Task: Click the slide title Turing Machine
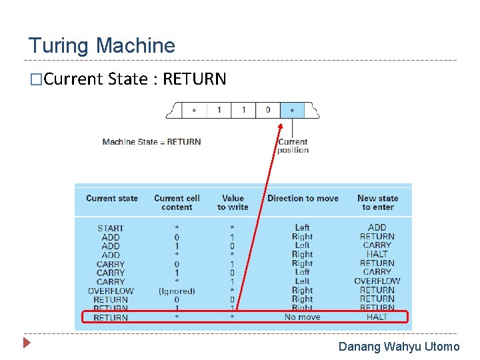(x=101, y=46)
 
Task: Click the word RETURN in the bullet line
(x=195, y=79)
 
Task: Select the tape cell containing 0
(x=268, y=109)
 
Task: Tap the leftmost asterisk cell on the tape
(x=194, y=110)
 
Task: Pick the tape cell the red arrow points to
(x=292, y=110)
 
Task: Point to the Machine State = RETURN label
(x=151, y=141)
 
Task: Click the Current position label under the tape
(x=293, y=145)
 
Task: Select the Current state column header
(x=112, y=198)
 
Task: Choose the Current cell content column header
(x=177, y=203)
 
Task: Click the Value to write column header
(x=233, y=203)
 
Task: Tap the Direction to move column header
(x=303, y=198)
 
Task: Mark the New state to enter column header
(x=377, y=203)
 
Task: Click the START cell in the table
(x=111, y=228)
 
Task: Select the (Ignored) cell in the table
(x=177, y=291)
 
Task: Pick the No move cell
(x=302, y=317)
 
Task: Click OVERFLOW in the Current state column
(x=111, y=291)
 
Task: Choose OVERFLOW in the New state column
(x=377, y=281)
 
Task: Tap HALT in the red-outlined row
(x=377, y=317)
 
